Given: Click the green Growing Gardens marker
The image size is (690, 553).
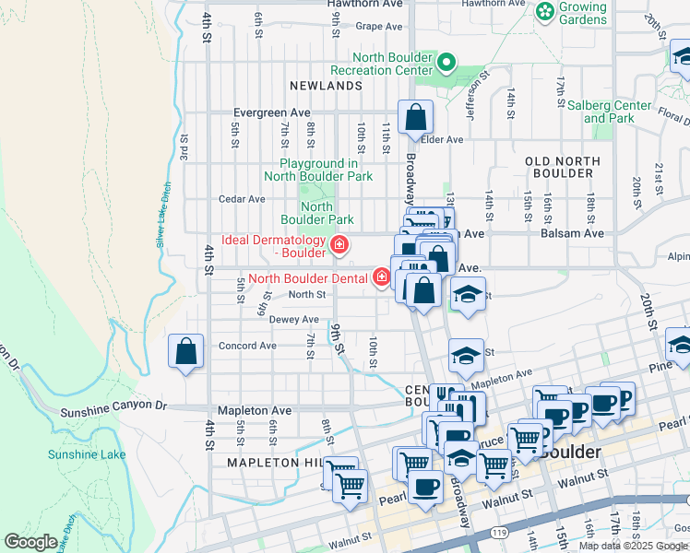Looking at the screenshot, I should click(545, 12).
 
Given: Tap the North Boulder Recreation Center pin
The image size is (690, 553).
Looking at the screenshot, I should click(447, 63).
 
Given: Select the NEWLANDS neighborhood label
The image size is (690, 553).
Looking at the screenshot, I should click(326, 86).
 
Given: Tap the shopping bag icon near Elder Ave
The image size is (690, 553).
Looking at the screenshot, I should click(416, 117).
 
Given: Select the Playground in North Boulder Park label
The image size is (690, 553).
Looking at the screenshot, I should click(318, 170).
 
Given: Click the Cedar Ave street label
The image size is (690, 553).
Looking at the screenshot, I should click(242, 198).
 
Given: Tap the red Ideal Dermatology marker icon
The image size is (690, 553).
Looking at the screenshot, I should click(339, 245).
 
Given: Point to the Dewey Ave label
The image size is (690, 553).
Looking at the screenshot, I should click(293, 320).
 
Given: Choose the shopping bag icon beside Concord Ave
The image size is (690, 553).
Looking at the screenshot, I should click(186, 351).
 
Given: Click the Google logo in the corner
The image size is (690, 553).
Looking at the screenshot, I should click(30, 542).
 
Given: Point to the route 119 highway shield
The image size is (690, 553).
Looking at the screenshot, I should click(498, 532).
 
